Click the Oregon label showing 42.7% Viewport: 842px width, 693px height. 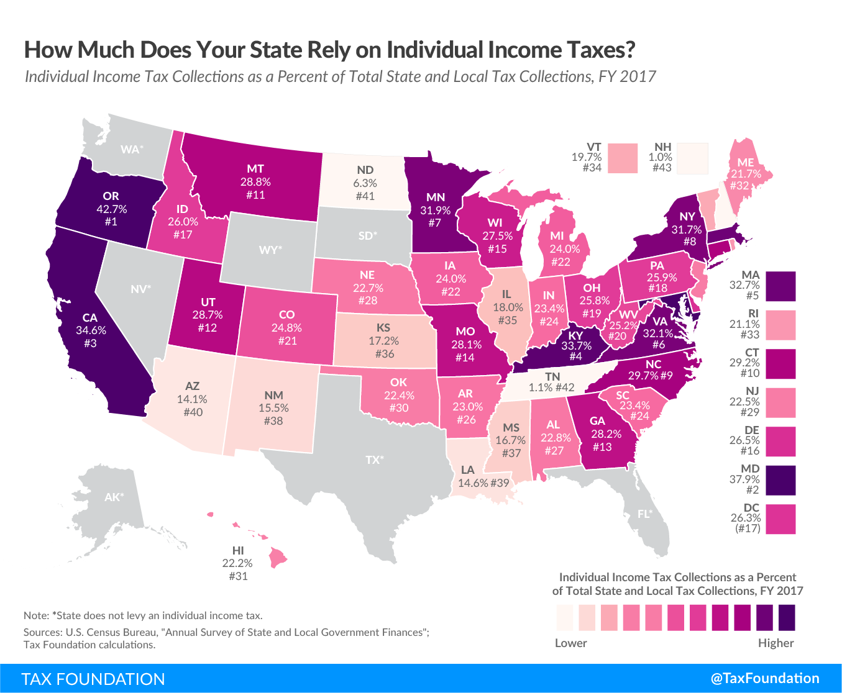pos(111,209)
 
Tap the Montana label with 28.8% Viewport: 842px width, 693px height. pos(255,181)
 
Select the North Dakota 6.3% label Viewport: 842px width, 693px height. pos(365,183)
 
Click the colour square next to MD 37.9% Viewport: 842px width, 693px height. pos(780,481)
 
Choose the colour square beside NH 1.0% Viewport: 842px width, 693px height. pos(693,158)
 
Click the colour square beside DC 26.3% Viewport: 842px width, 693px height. pos(780,519)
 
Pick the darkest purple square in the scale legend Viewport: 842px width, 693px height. pos(786,618)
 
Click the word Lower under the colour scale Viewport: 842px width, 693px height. pos(570,643)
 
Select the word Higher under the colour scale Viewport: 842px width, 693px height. pos(776,643)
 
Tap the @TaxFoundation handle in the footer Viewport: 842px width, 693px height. pos(765,678)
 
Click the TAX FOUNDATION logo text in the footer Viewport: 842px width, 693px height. pos(93,679)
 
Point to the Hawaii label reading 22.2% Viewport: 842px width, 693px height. pos(237,563)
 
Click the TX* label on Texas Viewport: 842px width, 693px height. pos(374,460)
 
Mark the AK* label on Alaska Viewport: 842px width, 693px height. pos(114,497)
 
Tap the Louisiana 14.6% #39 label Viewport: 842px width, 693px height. pos(483,477)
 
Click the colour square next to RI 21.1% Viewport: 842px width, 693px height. pos(780,325)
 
